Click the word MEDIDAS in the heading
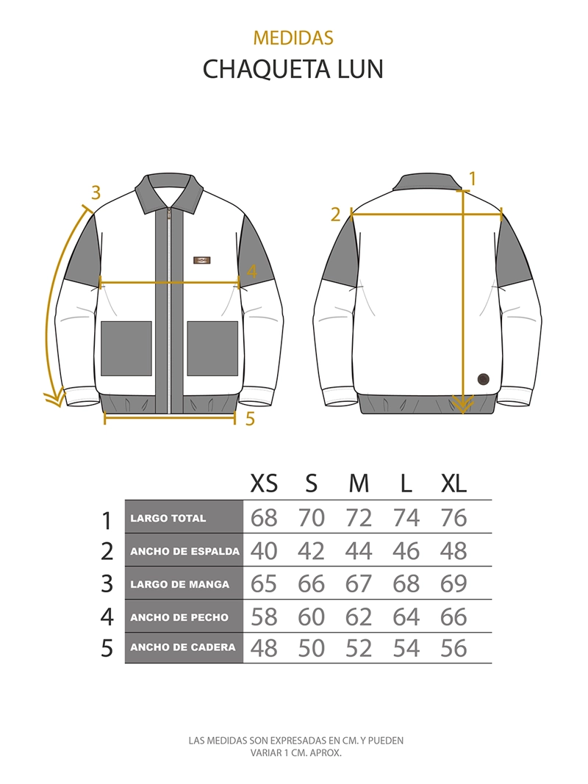(293, 38)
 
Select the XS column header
(264, 483)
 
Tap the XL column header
(453, 483)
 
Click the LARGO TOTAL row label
(168, 519)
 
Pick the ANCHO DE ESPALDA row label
(185, 552)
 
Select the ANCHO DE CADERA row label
(182, 647)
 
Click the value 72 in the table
(359, 517)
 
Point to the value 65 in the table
(264, 583)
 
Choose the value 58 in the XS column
(264, 616)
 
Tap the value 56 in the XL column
(453, 648)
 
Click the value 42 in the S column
(311, 550)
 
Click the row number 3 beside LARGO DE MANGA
(107, 584)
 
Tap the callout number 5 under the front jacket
(250, 418)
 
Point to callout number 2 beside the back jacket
(335, 215)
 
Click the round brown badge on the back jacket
(482, 379)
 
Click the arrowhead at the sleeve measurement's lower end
(54, 398)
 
